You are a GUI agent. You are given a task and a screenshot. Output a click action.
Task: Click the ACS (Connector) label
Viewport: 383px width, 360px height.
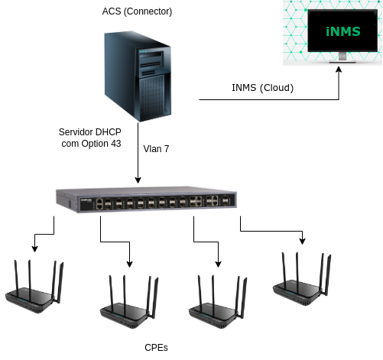click(x=137, y=11)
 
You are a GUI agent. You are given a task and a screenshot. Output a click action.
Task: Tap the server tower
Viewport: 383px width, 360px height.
click(x=138, y=76)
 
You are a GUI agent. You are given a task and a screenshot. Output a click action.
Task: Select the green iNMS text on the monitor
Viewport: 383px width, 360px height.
click(x=343, y=31)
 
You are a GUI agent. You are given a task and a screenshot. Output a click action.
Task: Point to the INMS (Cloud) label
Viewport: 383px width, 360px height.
click(x=262, y=88)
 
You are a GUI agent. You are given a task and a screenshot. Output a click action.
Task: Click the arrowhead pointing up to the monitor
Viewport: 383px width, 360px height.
click(x=339, y=70)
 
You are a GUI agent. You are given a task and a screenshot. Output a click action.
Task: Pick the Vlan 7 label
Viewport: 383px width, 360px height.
click(x=156, y=149)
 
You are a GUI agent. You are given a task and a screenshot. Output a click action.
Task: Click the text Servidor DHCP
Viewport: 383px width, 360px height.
click(x=90, y=132)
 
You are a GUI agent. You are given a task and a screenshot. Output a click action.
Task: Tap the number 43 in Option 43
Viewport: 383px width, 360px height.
click(x=115, y=144)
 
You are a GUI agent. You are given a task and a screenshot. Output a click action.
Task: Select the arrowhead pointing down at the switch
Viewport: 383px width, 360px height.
click(x=138, y=180)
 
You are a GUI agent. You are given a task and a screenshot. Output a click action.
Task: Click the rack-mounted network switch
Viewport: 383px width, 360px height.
click(x=146, y=199)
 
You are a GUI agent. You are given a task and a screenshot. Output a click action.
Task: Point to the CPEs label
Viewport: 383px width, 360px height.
click(x=156, y=348)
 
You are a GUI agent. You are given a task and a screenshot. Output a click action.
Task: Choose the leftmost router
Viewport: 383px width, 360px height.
click(x=34, y=287)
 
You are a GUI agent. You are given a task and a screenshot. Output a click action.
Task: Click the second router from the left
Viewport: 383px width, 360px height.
click(x=129, y=302)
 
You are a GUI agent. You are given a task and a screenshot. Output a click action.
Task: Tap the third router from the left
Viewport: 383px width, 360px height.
click(x=218, y=302)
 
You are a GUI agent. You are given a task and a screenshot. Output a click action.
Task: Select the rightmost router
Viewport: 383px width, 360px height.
click(x=302, y=279)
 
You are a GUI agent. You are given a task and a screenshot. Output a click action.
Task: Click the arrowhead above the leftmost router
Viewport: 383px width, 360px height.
click(x=34, y=249)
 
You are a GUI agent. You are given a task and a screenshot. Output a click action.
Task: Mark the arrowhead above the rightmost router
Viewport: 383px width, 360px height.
click(x=302, y=242)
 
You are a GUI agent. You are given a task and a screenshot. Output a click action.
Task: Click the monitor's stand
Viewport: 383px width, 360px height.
click(x=342, y=57)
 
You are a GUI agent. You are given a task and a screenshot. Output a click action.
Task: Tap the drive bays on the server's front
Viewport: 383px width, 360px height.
click(x=151, y=63)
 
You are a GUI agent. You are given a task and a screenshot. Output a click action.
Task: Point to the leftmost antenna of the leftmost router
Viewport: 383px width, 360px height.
click(x=16, y=277)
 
